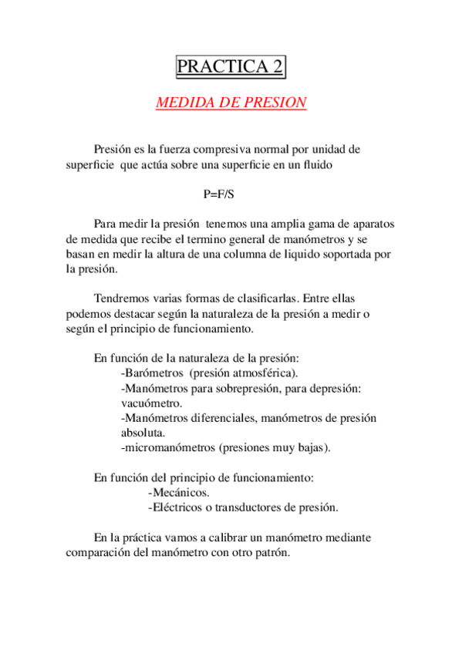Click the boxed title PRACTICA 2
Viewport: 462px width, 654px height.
tap(231, 67)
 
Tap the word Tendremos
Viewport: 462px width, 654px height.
tap(120, 298)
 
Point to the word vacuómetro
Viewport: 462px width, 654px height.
tap(151, 403)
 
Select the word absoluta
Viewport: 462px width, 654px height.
tap(143, 433)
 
